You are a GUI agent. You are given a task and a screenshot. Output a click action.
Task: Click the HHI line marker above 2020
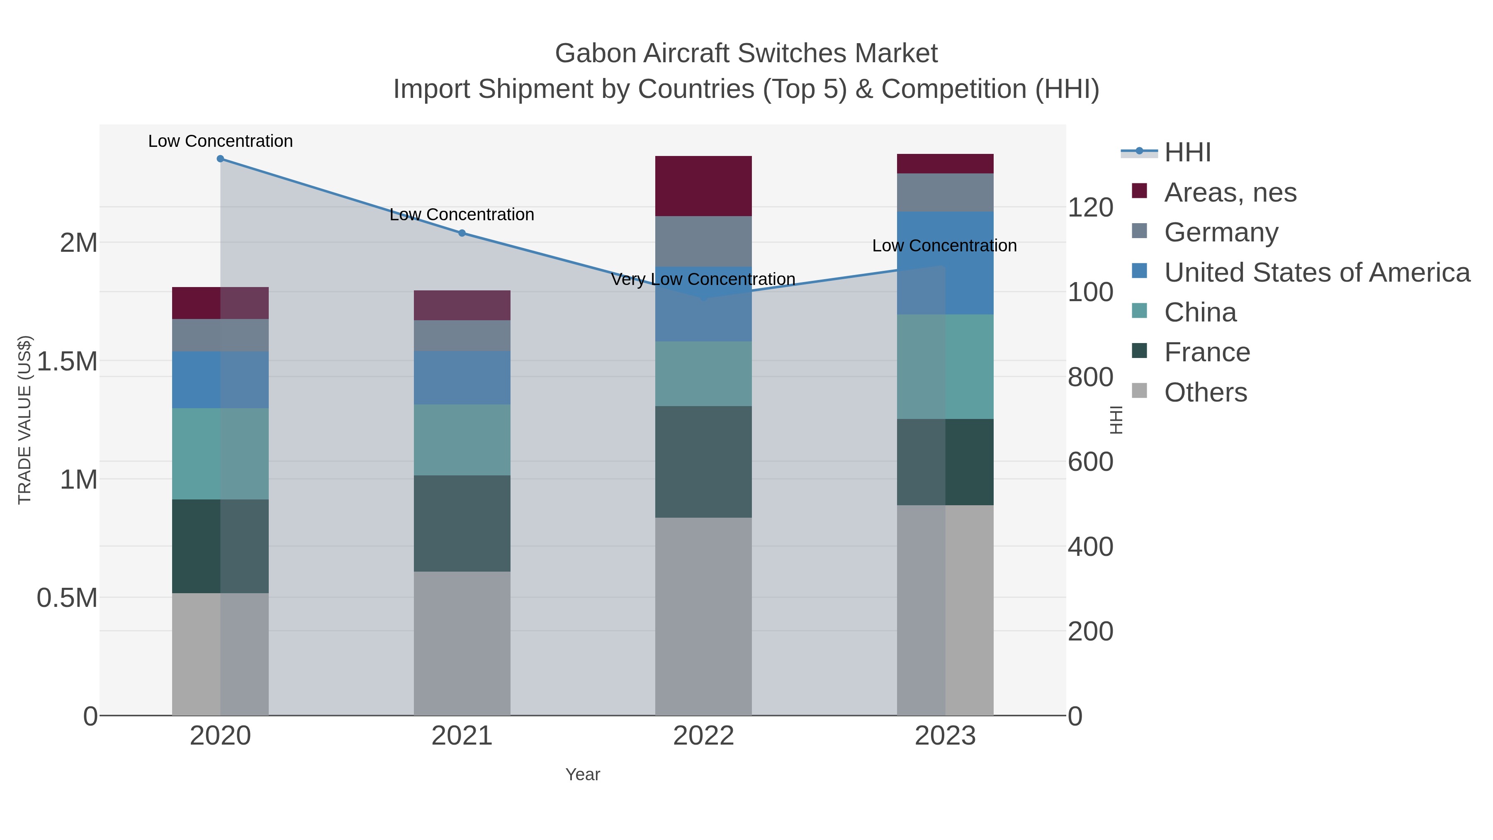tap(220, 159)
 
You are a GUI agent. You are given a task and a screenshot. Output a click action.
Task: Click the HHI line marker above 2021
tap(462, 233)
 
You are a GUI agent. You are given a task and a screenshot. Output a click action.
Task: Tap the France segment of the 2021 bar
tap(462, 523)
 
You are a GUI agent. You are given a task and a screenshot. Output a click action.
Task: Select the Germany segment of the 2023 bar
tap(945, 192)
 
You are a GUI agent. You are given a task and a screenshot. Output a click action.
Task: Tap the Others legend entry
tap(1205, 392)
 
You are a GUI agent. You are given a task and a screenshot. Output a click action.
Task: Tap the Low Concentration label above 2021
tap(462, 214)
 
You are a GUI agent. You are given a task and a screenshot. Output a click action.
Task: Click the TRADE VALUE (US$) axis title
tap(24, 420)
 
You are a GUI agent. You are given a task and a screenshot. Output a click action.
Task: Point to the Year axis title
tap(583, 774)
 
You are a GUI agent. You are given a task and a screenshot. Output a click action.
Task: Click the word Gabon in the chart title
tap(596, 54)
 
